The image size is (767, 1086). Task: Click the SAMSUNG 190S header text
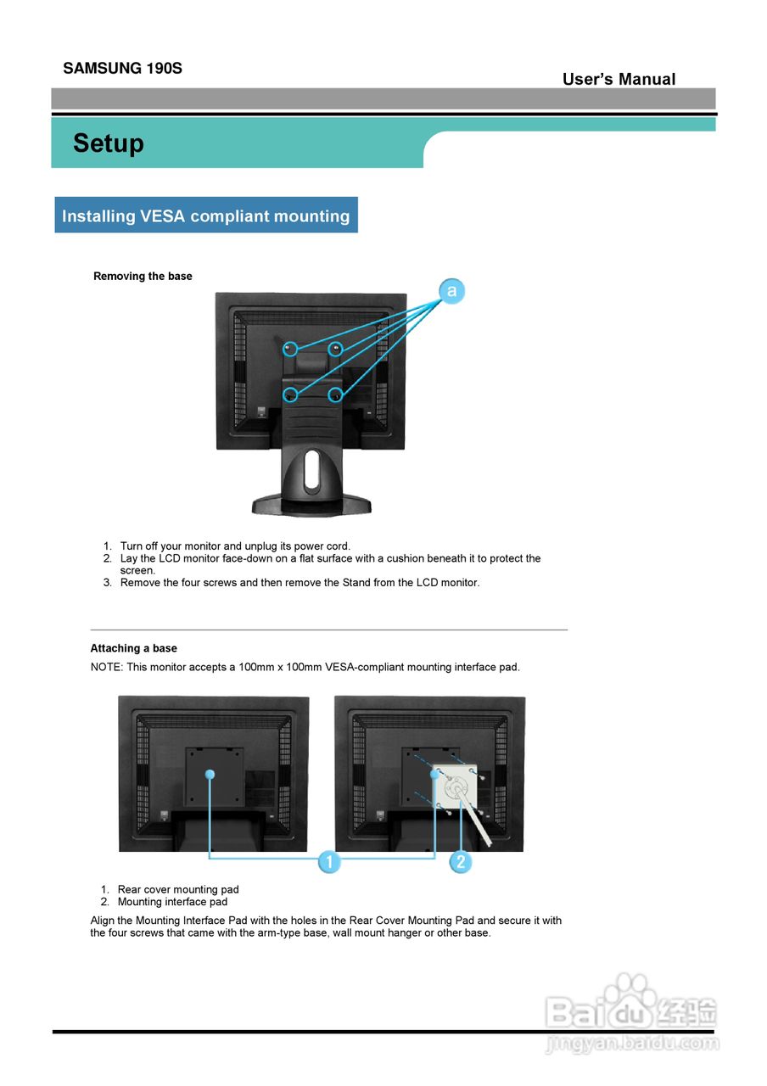pos(122,69)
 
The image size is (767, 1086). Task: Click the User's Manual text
pos(619,80)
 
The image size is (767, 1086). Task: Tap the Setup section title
pos(109,143)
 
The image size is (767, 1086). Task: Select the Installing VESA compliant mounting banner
pos(206,216)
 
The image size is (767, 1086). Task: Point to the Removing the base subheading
pos(143,277)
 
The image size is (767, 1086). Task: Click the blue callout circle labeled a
pos(452,292)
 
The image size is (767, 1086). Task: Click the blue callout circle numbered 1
pos(329,862)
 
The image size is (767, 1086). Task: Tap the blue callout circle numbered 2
pos(460,862)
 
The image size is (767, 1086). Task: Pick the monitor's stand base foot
pos(311,507)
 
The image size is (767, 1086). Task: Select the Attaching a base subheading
pos(133,649)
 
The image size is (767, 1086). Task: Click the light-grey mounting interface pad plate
pos(456,788)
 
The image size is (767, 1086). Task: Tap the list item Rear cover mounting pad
pos(178,890)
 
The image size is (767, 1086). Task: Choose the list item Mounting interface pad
pos(172,902)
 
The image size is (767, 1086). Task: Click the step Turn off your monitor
pos(235,546)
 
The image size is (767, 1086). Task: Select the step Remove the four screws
pos(300,583)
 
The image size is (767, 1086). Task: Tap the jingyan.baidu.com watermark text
pos(632,1043)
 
